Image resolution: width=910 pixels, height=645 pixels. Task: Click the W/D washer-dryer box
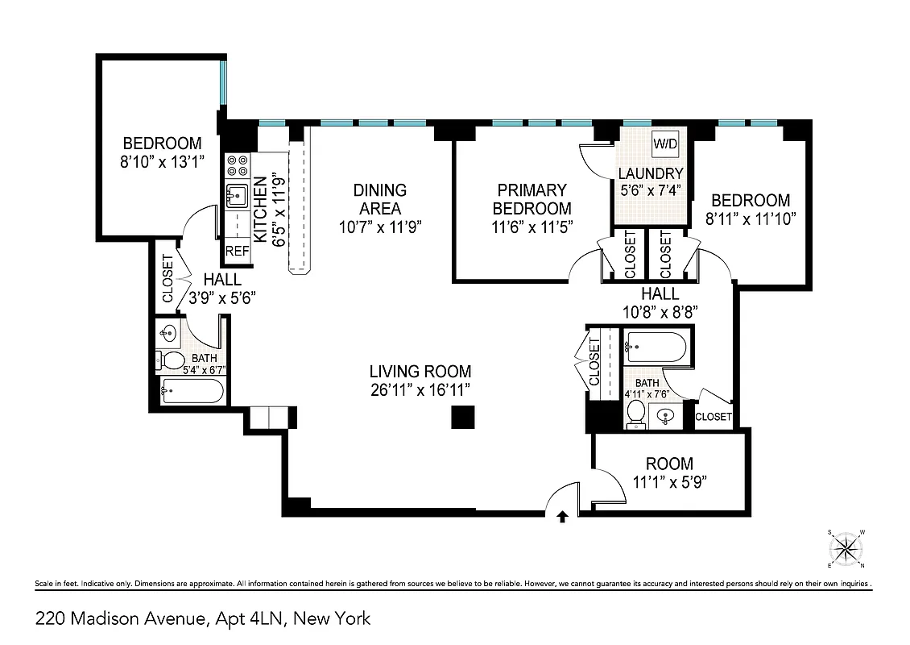665,144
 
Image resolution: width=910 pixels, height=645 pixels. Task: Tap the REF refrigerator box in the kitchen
238,251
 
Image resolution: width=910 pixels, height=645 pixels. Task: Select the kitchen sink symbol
237,195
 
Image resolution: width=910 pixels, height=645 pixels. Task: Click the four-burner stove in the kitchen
237,164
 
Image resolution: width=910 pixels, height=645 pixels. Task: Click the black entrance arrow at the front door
562,517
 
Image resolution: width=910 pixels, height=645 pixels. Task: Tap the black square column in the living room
462,417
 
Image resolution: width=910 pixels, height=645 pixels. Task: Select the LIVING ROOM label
420,372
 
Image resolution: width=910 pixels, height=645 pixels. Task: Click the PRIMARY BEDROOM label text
532,199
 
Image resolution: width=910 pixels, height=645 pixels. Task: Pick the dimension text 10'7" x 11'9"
380,227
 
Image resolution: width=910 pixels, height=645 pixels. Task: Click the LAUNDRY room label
651,173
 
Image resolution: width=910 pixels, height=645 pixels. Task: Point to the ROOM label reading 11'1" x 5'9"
669,464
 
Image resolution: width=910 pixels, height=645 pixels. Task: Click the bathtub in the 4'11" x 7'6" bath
656,348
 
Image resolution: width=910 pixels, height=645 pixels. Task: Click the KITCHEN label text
260,210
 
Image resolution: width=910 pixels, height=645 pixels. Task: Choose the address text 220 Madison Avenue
121,619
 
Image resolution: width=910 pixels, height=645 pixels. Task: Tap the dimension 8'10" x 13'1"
158,161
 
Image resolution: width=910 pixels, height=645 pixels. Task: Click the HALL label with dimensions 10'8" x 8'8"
660,294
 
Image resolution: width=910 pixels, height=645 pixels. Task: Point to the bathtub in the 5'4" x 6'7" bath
192,392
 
